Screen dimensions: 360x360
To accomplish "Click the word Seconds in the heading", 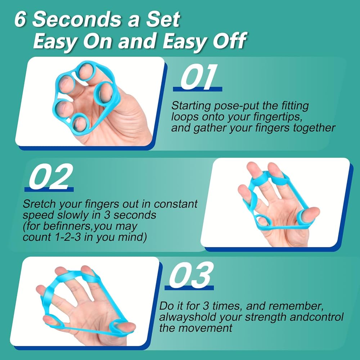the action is [76, 20].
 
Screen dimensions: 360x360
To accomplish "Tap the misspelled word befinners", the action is [67, 226].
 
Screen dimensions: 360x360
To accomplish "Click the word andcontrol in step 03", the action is [316, 317].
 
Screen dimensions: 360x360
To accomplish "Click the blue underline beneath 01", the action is [197, 89].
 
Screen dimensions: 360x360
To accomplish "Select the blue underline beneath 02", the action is [49, 189].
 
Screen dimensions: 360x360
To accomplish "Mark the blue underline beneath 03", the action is [189, 288].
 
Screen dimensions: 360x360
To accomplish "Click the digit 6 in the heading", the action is [20, 20].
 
